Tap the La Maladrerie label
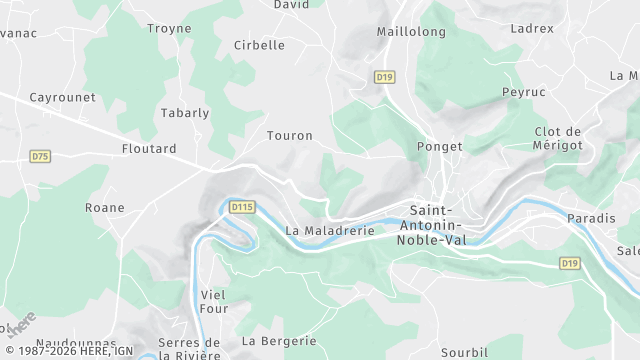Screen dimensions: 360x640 tap(329, 230)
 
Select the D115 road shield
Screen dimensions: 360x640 tap(242, 207)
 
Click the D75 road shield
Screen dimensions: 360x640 tap(40, 156)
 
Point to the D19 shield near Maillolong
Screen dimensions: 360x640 tap(384, 76)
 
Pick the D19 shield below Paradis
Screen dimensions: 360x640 tap(569, 263)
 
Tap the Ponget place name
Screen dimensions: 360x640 tap(439, 146)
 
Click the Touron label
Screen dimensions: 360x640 tap(290, 135)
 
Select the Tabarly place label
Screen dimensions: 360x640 tap(186, 113)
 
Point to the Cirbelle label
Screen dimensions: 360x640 tap(259, 45)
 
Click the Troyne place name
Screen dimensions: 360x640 tap(169, 28)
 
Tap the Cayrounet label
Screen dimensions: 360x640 tap(62, 97)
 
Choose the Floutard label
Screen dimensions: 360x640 tap(149, 149)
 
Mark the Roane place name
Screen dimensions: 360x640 tap(105, 208)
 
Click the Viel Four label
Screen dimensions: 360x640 tap(214, 301)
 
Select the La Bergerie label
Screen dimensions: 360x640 tap(273, 341)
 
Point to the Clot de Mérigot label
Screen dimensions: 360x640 tap(558, 139)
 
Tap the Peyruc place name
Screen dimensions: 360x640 tap(524, 91)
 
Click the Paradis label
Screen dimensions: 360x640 tap(591, 218)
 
